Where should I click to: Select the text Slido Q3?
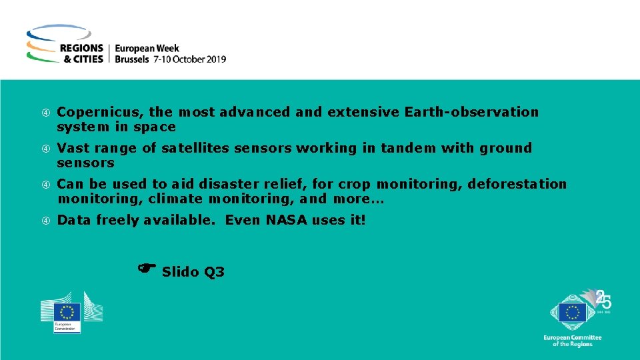193,272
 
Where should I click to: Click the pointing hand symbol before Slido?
147,268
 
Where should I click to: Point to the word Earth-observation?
471,112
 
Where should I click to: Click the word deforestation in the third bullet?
517,184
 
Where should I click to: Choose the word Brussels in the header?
133,59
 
